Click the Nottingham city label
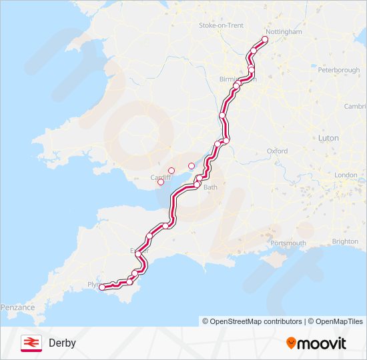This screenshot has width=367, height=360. [x=284, y=31]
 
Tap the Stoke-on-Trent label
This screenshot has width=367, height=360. [x=221, y=25]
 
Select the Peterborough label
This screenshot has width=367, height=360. [x=338, y=70]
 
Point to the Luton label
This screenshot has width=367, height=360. [x=328, y=138]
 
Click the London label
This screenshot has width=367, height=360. [x=346, y=175]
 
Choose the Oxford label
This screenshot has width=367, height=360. [x=277, y=151]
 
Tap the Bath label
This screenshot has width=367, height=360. [x=210, y=187]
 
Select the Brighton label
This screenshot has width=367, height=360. [x=345, y=241]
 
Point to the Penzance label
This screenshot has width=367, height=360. [x=17, y=307]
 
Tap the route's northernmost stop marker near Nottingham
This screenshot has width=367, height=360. [x=264, y=40]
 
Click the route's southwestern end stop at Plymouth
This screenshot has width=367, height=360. [x=102, y=287]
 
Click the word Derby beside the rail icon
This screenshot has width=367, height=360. [x=62, y=343]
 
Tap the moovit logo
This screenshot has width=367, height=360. [x=316, y=343]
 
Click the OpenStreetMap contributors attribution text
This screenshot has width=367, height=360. [x=252, y=321]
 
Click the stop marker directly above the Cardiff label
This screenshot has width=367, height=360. [x=171, y=171]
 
